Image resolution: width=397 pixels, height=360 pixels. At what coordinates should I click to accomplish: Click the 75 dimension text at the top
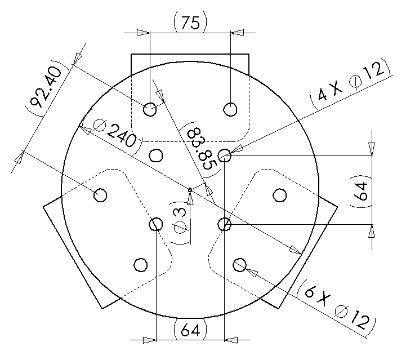[191, 23]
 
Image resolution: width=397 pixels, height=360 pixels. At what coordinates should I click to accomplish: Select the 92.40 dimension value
[46, 88]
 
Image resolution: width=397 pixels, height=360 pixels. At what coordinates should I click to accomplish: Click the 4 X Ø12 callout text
[350, 82]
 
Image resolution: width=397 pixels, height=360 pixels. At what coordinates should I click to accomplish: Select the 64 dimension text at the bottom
[191, 330]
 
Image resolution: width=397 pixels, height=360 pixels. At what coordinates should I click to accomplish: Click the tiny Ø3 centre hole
[190, 190]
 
